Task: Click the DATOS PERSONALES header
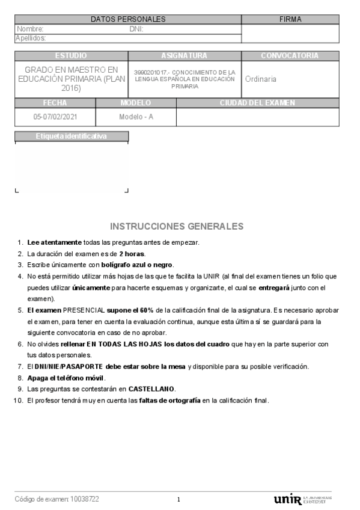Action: coord(128,19)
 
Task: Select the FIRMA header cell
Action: coord(290,19)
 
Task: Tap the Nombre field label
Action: coord(30,29)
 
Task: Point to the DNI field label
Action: coord(136,29)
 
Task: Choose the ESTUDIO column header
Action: coord(71,56)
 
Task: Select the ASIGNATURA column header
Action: coord(184,56)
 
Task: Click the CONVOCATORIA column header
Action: coord(290,56)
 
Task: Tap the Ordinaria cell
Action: coord(261,79)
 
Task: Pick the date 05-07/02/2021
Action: coord(55,117)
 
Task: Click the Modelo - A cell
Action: coord(136,117)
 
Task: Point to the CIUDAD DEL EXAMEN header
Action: coord(257,103)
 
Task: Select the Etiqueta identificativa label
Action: coord(72,137)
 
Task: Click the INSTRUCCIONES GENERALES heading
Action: coord(177,227)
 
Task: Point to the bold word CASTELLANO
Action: coord(151,389)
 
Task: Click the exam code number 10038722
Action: coord(85,499)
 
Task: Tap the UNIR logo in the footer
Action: coord(288,499)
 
